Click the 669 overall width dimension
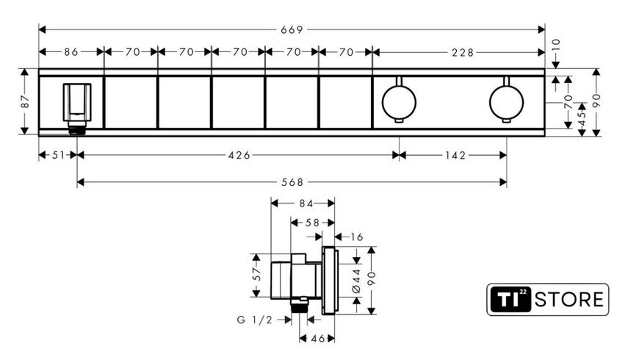[292, 29]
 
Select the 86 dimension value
[71, 52]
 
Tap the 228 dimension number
[463, 52]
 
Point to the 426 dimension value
[239, 156]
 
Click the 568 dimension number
[293, 182]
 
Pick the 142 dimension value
[455, 156]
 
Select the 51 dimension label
[58, 156]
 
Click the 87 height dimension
[25, 101]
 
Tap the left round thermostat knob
[399, 101]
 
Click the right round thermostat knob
[506, 101]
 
